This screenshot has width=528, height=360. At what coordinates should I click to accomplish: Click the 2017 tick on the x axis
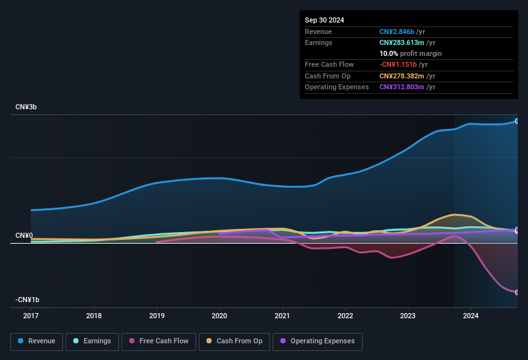click(31, 316)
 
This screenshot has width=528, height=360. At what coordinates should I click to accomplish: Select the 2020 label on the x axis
click(219, 316)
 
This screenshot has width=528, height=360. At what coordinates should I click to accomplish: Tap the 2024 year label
click(471, 316)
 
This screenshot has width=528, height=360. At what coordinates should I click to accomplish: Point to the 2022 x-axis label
click(345, 316)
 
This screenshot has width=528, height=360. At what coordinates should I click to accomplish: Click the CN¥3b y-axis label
click(26, 107)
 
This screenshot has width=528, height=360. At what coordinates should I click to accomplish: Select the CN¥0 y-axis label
click(24, 236)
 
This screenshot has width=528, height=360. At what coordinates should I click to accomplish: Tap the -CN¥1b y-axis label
click(28, 300)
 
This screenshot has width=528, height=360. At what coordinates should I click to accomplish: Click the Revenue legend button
click(37, 341)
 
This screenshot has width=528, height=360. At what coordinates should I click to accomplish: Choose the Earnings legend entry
click(92, 341)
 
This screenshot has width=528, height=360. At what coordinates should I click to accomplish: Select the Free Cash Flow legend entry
click(159, 341)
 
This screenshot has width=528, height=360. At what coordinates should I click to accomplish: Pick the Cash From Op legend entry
click(233, 341)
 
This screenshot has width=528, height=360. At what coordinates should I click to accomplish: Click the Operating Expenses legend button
click(317, 341)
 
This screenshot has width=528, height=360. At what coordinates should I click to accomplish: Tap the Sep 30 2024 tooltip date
click(324, 20)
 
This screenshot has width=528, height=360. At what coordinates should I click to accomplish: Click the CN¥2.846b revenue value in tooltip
click(397, 32)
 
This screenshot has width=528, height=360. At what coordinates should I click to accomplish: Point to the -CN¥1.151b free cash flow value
click(399, 65)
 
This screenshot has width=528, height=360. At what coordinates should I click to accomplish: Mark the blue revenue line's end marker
click(517, 121)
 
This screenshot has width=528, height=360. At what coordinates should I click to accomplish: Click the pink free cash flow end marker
click(517, 292)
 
